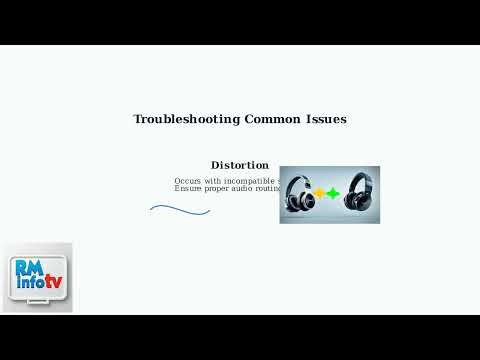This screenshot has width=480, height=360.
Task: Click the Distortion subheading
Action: [x=240, y=165]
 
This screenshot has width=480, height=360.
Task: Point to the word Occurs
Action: [x=188, y=180]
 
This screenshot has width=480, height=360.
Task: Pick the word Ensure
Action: [x=188, y=188]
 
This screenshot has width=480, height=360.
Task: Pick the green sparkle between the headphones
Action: [x=333, y=193]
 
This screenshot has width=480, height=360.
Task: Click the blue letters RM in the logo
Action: [x=27, y=268]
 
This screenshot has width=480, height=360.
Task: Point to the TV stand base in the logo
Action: [x=37, y=305]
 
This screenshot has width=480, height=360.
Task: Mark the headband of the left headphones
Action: [x=300, y=177]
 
